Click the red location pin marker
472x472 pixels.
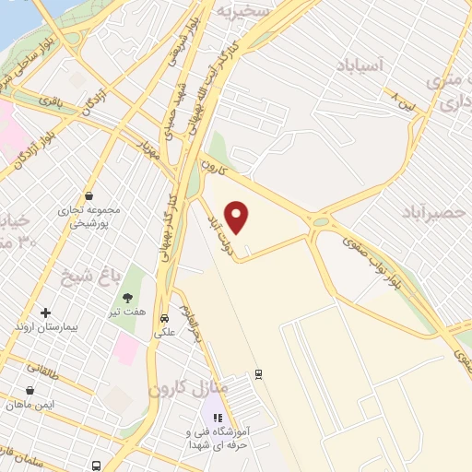(238, 218)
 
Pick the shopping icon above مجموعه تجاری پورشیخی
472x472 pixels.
(88, 195)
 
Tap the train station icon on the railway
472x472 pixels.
(259, 374)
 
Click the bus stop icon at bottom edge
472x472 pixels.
(97, 465)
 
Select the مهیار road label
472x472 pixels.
(148, 147)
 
